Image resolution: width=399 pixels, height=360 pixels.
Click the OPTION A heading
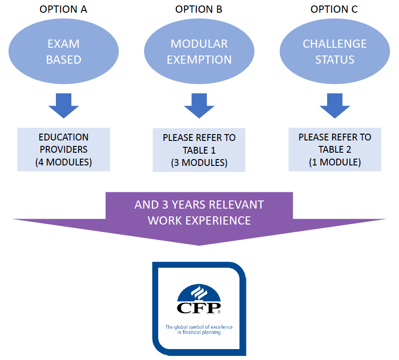click(63, 9)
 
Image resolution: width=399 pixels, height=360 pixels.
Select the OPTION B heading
click(199, 9)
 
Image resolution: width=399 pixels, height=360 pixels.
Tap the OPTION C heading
click(334, 9)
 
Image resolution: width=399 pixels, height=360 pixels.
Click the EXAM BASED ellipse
click(64, 51)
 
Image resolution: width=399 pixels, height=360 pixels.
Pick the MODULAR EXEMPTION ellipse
click(199, 51)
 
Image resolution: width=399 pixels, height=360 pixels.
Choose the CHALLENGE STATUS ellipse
click(335, 51)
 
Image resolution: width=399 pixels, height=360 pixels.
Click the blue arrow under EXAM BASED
click(64, 105)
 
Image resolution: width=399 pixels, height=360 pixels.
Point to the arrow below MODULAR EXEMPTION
click(199, 105)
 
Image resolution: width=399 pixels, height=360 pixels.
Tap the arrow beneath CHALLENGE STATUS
click(335, 105)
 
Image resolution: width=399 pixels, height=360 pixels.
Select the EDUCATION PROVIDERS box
click(64, 150)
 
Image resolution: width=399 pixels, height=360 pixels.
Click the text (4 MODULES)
click(64, 162)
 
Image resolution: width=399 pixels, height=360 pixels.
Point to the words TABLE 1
click(199, 150)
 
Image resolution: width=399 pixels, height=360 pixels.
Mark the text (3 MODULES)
click(199, 163)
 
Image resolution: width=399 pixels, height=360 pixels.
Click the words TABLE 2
click(334, 150)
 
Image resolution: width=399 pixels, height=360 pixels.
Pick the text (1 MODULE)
click(335, 162)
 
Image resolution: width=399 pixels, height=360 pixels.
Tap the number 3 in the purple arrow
click(165, 205)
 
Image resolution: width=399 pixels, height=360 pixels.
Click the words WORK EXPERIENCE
click(199, 220)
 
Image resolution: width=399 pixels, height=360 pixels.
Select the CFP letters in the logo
click(199, 308)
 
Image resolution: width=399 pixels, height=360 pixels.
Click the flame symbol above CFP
click(199, 293)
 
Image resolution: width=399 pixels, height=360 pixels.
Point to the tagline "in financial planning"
click(199, 333)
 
